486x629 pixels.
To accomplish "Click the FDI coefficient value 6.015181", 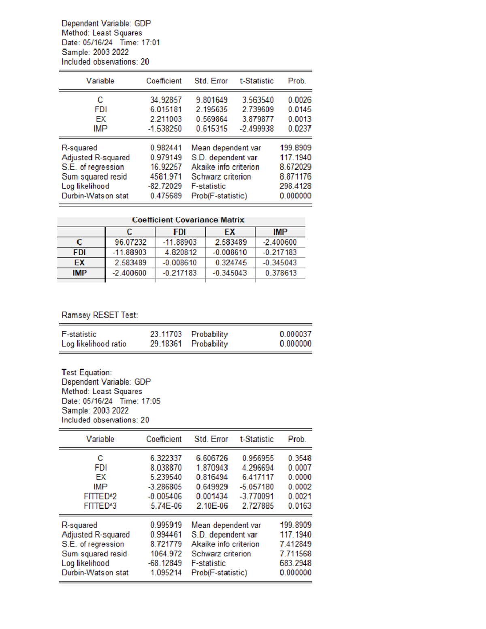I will click(166, 110).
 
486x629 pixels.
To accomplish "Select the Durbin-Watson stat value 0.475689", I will click(166, 196).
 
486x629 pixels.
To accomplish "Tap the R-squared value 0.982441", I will click(166, 148).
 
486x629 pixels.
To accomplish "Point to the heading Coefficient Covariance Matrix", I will click(188, 220).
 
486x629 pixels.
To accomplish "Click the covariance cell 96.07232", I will click(130, 242).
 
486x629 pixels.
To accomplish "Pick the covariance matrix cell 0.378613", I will click(280, 273).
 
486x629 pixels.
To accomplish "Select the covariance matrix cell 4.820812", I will click(180, 252).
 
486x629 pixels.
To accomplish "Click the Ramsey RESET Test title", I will click(100, 315).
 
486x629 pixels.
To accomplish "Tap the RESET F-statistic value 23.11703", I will click(166, 334).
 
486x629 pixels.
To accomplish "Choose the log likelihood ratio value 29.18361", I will click(166, 344).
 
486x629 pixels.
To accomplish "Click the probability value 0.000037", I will click(295, 334).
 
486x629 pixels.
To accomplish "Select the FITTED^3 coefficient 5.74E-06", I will click(166, 506).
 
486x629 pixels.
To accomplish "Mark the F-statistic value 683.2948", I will click(295, 563).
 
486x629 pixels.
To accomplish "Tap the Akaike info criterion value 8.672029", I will click(295, 167).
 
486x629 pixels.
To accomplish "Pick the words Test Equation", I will click(86, 372).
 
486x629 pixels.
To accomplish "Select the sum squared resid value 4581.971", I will click(166, 177).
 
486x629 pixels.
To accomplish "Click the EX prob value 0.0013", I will click(299, 119).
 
